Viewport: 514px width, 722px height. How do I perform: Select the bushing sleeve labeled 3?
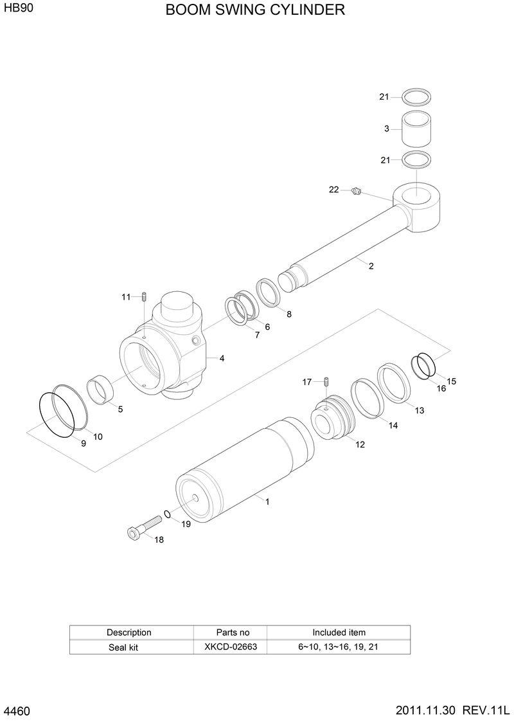pyautogui.click(x=416, y=129)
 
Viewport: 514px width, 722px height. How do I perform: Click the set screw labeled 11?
pyautogui.click(x=146, y=297)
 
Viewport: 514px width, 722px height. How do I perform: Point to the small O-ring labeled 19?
pyautogui.click(x=167, y=514)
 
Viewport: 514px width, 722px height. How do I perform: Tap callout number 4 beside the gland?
pyautogui.click(x=222, y=358)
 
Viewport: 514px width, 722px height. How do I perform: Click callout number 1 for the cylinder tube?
pyautogui.click(x=267, y=502)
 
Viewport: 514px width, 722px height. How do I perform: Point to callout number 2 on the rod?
pyautogui.click(x=371, y=266)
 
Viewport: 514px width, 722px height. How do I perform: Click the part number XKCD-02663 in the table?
pyautogui.click(x=231, y=647)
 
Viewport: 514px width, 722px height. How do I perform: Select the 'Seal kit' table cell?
pyautogui.click(x=123, y=647)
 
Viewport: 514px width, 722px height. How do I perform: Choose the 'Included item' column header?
pyautogui.click(x=339, y=632)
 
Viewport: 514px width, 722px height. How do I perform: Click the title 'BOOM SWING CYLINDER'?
pyautogui.click(x=255, y=10)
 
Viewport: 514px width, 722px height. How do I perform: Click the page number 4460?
pyautogui.click(x=17, y=710)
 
